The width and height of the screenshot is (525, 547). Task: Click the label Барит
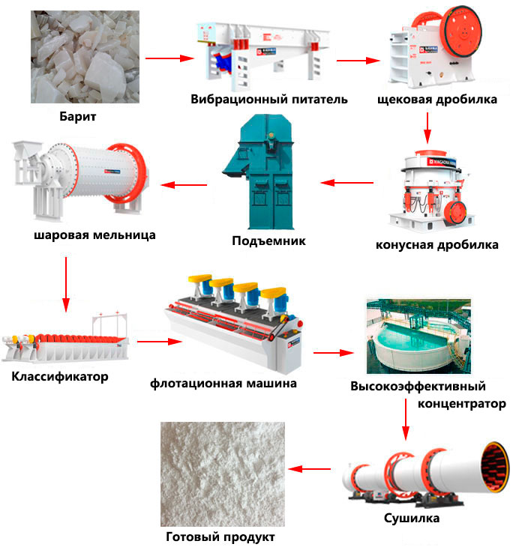pos(78,117)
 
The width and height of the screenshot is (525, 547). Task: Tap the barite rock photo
pos(85,57)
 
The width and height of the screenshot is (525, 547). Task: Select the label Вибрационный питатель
pos(268,100)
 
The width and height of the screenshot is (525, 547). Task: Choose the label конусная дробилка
pos(436,244)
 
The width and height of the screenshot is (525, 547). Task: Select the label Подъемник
pos(269,241)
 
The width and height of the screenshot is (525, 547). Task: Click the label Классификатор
pos(60,376)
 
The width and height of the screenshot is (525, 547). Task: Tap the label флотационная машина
pos(223,383)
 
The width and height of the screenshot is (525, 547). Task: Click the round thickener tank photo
pos(418,337)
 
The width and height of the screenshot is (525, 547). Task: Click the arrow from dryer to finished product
pos(310,469)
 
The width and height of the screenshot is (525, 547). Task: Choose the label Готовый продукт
pos(220,537)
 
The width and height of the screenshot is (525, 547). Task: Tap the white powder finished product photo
pos(223,473)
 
